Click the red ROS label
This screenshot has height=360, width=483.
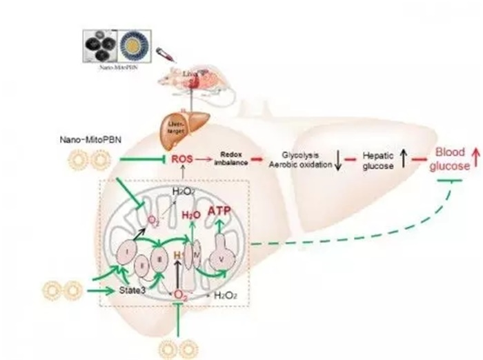pyautogui.click(x=182, y=159)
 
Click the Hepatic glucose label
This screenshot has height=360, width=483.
pyautogui.click(x=379, y=160)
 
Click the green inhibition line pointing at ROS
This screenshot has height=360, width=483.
pyautogui.click(x=141, y=161)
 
